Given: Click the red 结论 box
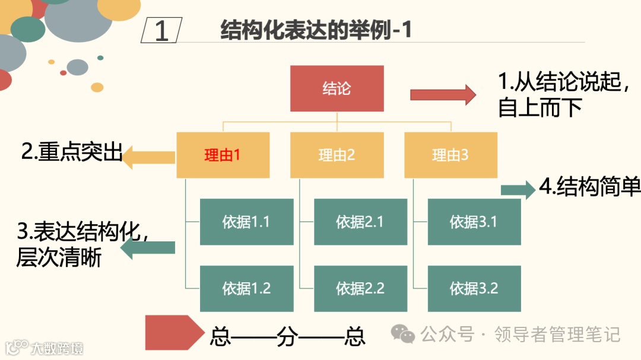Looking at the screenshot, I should click(337, 88).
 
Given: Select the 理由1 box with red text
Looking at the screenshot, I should click(223, 155).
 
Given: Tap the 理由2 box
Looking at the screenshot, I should click(337, 155).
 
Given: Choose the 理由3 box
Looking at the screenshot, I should click(450, 155).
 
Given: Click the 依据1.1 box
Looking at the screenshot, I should click(246, 222).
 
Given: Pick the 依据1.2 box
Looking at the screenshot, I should click(246, 288).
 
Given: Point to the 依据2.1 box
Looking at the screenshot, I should click(360, 222).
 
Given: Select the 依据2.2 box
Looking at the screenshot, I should click(360, 288).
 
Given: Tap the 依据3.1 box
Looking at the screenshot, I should click(474, 222).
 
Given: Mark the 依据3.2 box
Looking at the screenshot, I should click(474, 288).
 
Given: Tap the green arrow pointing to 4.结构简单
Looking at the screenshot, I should click(518, 190).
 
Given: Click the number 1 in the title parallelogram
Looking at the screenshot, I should click(161, 31).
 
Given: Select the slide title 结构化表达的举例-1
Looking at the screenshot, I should click(316, 30).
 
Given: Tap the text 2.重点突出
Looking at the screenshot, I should click(71, 152).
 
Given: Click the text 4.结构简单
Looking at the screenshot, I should click(589, 187).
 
